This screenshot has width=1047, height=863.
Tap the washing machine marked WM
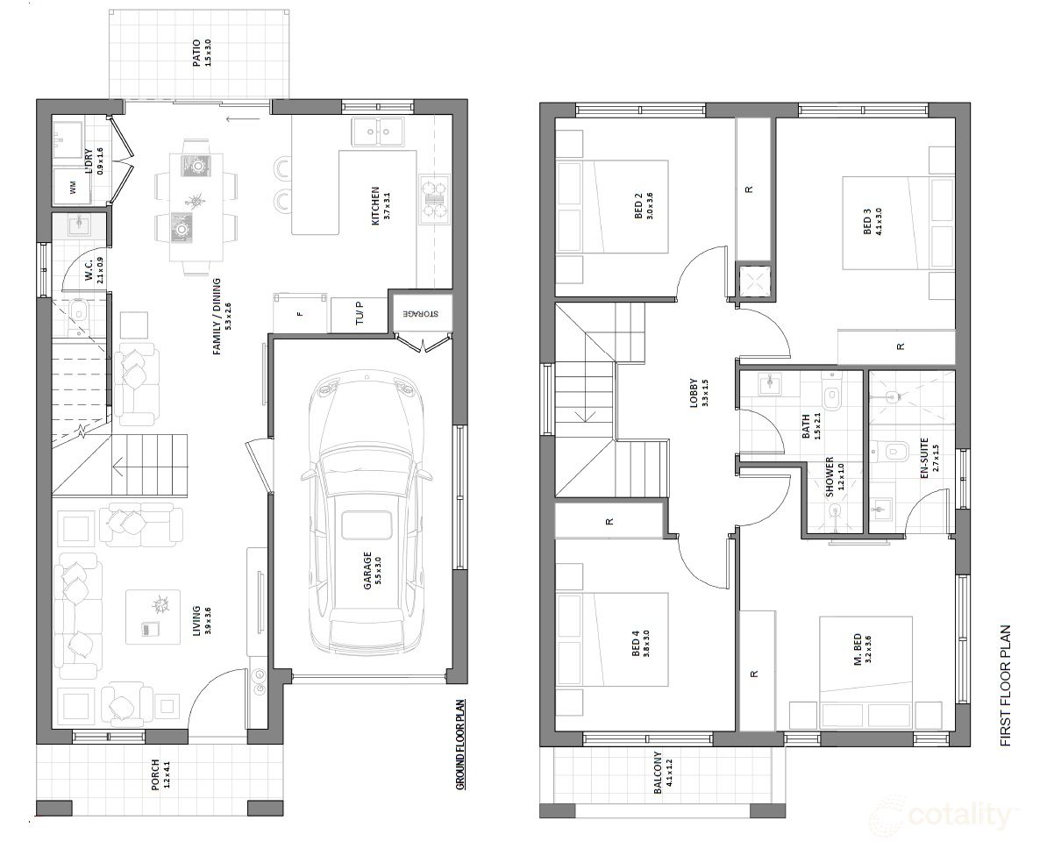73,187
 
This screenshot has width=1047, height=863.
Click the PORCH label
156,774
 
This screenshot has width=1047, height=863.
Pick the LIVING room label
197,620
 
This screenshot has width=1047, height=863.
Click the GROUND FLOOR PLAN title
460,745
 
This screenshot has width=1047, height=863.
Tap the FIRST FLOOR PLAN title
1005,685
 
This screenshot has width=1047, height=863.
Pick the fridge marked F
300,313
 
